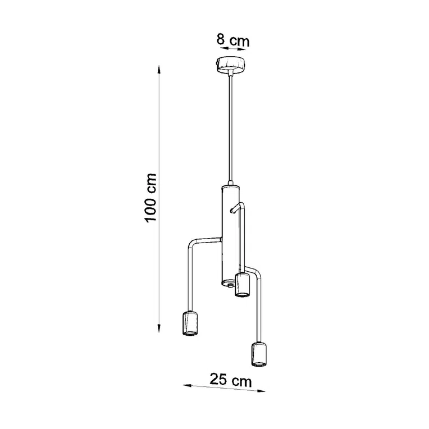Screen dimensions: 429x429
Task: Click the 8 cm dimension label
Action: (232, 40)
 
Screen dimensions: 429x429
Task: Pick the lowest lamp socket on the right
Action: (258, 354)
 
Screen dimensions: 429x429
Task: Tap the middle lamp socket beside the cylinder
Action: (243, 285)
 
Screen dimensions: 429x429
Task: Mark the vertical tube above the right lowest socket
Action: (259, 309)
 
